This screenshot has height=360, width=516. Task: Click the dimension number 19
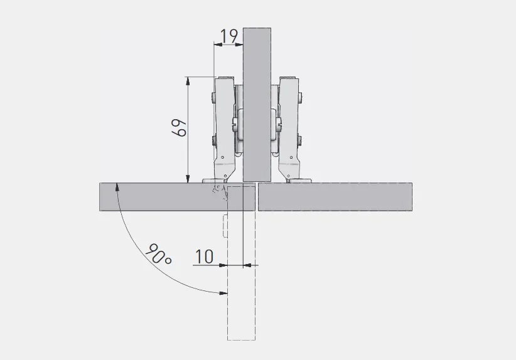pos(228,36)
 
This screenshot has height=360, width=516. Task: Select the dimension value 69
pos(180,128)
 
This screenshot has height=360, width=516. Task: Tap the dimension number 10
pos(205,257)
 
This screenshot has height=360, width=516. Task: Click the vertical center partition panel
pos(257,105)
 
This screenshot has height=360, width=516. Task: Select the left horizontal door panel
pos(177,196)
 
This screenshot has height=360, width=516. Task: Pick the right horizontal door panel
pos(335,196)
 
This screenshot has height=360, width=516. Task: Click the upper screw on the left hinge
pos(213,97)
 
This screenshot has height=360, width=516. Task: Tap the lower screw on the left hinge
pos(213,141)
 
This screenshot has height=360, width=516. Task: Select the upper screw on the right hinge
pos(301,97)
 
